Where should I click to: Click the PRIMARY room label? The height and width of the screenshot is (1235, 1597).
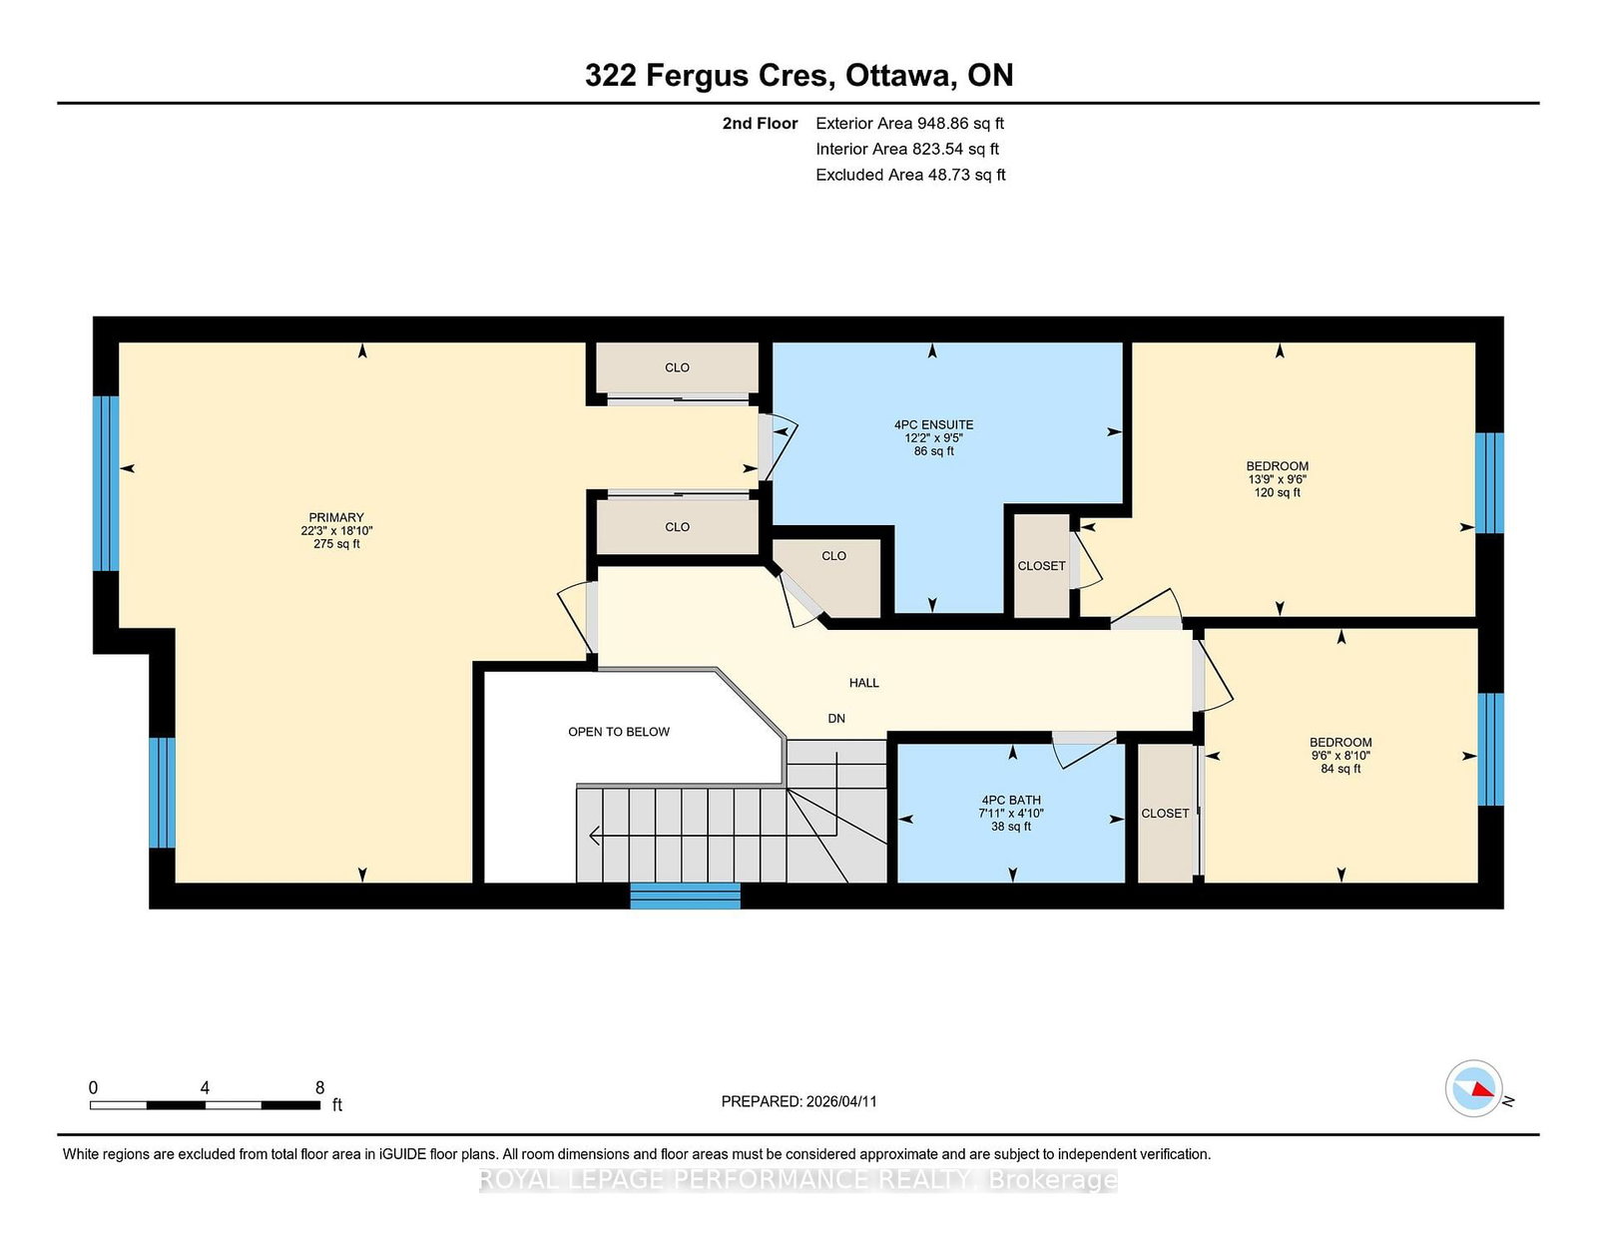click(335, 517)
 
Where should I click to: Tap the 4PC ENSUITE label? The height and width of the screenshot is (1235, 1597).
click(933, 424)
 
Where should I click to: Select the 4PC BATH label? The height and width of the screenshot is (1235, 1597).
click(1010, 800)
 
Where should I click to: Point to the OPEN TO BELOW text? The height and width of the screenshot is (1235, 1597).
click(618, 732)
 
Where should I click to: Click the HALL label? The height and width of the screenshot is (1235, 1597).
click(863, 682)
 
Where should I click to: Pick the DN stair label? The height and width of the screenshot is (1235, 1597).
click(836, 718)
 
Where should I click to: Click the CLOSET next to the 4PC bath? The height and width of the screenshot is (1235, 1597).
click(1165, 813)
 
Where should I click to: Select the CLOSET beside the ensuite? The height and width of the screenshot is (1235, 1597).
click(1041, 565)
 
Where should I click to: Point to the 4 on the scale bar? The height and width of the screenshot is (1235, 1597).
click(205, 1087)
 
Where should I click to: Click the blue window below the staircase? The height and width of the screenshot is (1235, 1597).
click(685, 897)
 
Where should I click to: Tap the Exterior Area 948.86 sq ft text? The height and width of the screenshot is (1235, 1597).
click(909, 124)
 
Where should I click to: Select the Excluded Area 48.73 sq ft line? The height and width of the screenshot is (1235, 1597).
click(910, 175)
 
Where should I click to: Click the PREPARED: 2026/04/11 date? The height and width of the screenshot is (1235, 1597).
click(798, 1101)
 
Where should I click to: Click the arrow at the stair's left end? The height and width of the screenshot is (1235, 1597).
click(595, 835)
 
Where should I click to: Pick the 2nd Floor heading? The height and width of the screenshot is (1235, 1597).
click(760, 124)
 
